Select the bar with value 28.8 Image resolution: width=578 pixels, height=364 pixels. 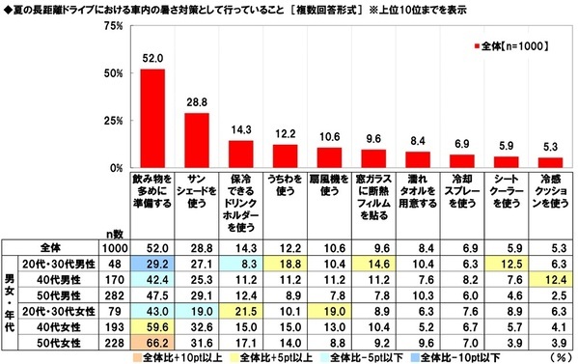197,141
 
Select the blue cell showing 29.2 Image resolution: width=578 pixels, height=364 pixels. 152,263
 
